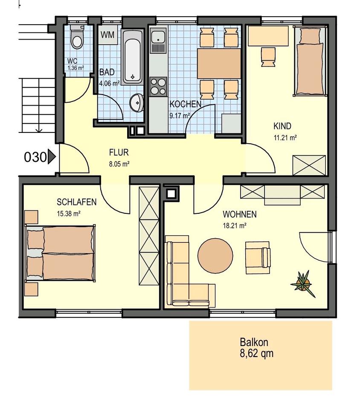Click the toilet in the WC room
pyautogui.click(x=77, y=39)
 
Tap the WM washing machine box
pyautogui.click(x=108, y=35)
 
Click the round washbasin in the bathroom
pyautogui.click(x=137, y=103)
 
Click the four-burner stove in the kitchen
pyautogui.click(x=158, y=86)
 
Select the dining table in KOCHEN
pyautogui.click(x=219, y=64)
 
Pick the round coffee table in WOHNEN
pyautogui.click(x=215, y=255)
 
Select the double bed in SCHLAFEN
pyautogui.click(x=60, y=253)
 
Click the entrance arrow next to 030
pyautogui.click(x=52, y=157)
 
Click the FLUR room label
pyautogui.click(x=119, y=153)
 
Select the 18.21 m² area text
pyautogui.click(x=234, y=226)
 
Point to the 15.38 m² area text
pyautogui.click(x=69, y=214)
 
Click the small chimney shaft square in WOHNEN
pyautogui.click(x=171, y=193)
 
